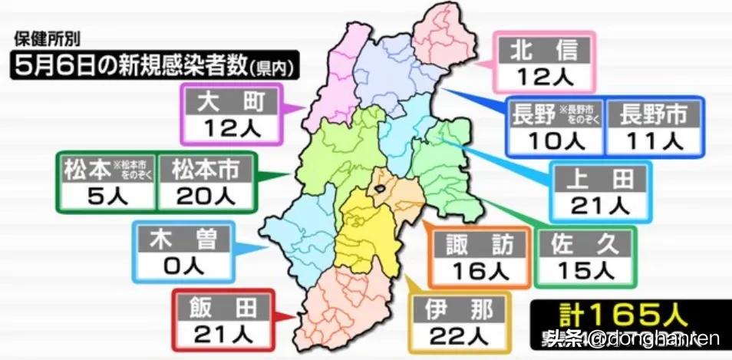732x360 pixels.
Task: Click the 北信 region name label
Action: tap(546, 51)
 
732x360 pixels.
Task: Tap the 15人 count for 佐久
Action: tap(587, 270)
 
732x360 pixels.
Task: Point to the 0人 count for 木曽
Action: tap(182, 265)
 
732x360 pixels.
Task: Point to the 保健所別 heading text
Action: tap(45, 38)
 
